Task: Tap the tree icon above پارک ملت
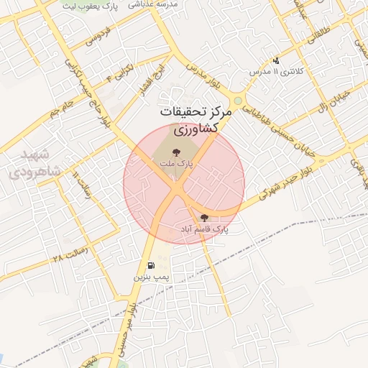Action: pos(177,152)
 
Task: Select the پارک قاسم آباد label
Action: pos(205,228)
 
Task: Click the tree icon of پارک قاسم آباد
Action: pos(204,217)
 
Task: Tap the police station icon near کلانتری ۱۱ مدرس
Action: pos(276,61)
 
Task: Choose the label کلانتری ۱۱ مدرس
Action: pos(277,72)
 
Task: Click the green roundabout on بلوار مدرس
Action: pos(237,101)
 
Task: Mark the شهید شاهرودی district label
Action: pos(29,164)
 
